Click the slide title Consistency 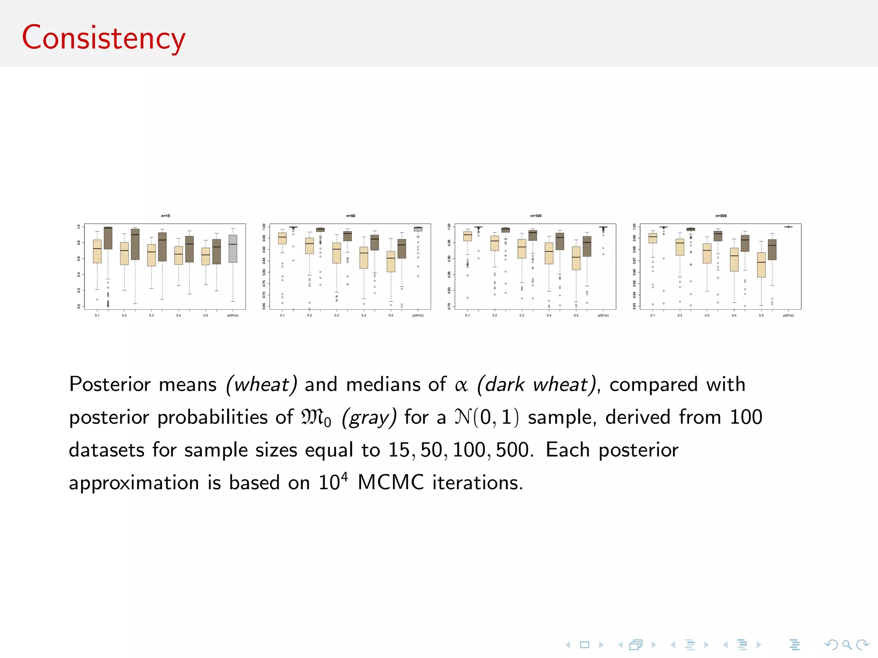tap(103, 38)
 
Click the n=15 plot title tap(165, 216)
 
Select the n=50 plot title tap(351, 216)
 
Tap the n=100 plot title tap(536, 216)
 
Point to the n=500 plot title tap(721, 216)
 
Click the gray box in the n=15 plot tap(233, 248)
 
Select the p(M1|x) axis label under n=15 tap(233, 316)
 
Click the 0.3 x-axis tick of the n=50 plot tap(337, 316)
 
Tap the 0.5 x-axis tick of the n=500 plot tap(761, 316)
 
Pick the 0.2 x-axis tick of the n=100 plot tap(495, 316)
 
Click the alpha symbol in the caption tap(461, 385)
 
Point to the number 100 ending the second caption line tap(746, 417)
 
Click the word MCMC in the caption tap(390, 483)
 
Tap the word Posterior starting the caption tap(110, 384)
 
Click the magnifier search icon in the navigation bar tap(847, 644)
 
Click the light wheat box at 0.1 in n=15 tap(97, 251)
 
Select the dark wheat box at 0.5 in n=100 tap(587, 246)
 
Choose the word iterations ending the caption tap(477, 483)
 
